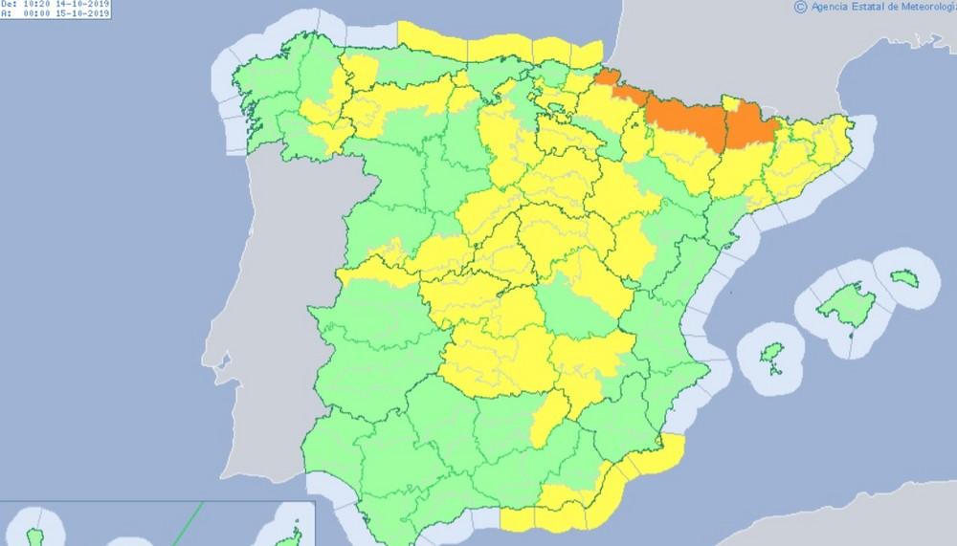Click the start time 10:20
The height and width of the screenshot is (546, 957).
click(42, 5)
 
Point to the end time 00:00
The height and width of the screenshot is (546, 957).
click(42, 14)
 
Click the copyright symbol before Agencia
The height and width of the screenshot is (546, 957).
click(800, 7)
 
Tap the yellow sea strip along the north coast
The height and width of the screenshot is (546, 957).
click(498, 43)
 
